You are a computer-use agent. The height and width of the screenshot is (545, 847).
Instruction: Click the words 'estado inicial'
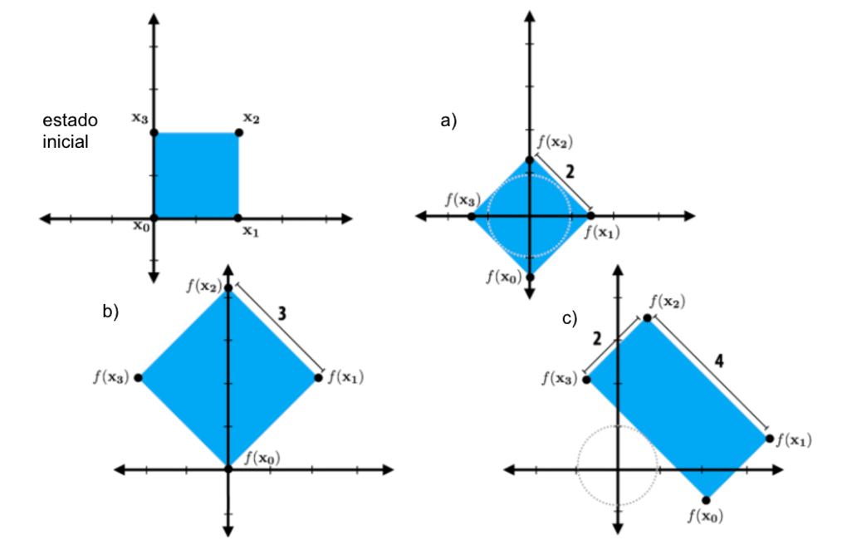coord(70,131)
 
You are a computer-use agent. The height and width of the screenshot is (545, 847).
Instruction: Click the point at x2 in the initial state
coord(239,133)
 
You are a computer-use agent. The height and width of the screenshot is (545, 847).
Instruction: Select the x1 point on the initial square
coord(239,218)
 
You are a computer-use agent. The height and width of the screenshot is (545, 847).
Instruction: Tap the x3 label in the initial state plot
coord(139,118)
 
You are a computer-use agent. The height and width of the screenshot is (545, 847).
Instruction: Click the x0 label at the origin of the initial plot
coord(141,227)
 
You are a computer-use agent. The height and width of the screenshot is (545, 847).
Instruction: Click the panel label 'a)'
coord(448,121)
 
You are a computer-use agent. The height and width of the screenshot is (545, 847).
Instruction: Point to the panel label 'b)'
coord(110,312)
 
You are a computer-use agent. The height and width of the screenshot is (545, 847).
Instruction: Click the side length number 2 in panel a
coord(570,172)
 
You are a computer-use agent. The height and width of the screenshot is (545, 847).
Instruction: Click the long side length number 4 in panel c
coord(720,361)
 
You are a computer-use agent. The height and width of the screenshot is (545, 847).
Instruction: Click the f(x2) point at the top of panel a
coord(529,159)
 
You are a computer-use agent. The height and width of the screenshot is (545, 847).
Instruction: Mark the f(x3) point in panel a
coord(471,217)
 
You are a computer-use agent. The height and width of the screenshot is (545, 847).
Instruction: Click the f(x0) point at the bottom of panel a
coord(529,274)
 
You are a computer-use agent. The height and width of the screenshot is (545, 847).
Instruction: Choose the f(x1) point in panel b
coord(319,378)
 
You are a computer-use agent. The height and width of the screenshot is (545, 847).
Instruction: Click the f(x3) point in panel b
coord(138,378)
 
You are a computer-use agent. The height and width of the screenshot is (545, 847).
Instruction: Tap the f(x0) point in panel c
coord(706,499)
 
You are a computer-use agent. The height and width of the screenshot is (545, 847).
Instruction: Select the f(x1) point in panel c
coord(770,439)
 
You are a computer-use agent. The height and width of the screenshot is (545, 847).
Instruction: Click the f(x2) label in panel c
coord(668,302)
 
